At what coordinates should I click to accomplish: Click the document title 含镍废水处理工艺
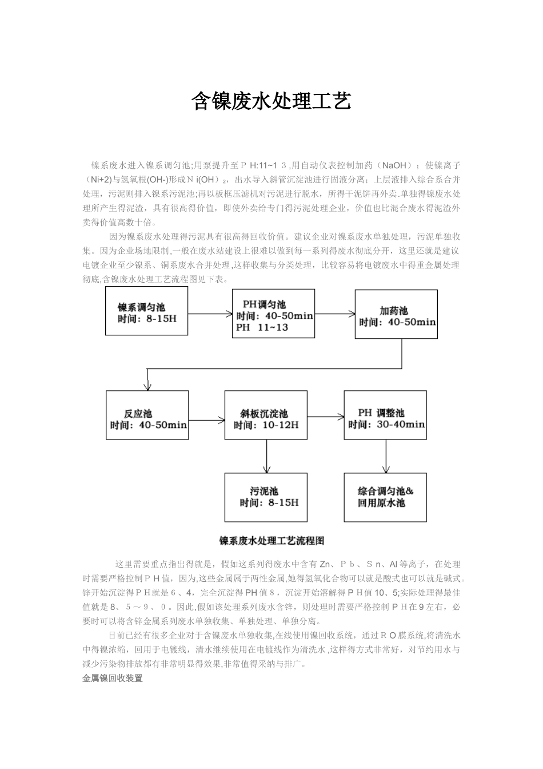click(270, 102)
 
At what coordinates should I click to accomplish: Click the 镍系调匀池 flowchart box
click(146, 311)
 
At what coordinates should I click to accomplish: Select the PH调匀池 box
click(273, 313)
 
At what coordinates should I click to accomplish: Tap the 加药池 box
click(396, 314)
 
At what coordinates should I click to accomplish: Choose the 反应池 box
click(147, 415)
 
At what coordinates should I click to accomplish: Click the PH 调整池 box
click(385, 415)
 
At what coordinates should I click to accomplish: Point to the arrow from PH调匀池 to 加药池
click(335, 314)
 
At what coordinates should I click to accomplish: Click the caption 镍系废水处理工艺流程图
click(271, 541)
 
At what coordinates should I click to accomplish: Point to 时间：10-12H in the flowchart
click(266, 425)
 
